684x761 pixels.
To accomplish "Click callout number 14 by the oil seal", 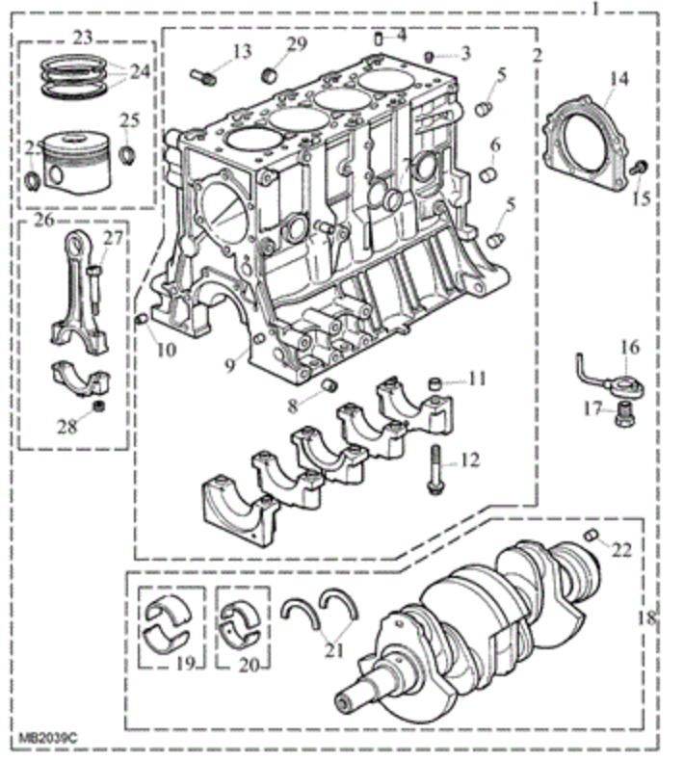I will pyautogui.click(x=618, y=80).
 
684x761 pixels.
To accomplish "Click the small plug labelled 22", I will pyautogui.click(x=592, y=536).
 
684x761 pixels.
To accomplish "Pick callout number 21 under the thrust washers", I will pyautogui.click(x=333, y=650).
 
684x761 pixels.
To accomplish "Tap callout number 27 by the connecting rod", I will pyautogui.click(x=114, y=239).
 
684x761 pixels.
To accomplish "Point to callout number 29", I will pyautogui.click(x=297, y=46).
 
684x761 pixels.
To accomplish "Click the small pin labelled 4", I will pyautogui.click(x=379, y=39).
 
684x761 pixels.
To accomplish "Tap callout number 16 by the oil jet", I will pyautogui.click(x=629, y=347).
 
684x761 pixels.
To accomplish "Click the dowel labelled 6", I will pyautogui.click(x=488, y=176).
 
